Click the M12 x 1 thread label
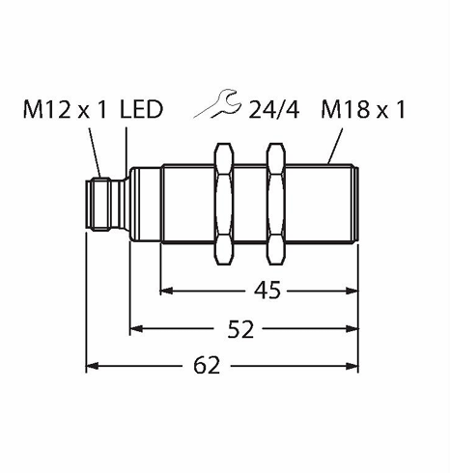65,110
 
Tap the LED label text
141,109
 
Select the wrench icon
217,103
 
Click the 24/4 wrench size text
274,110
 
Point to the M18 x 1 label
363,110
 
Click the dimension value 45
267,291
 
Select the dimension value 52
240,329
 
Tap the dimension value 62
207,366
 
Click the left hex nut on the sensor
224,204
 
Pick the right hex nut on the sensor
276,204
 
